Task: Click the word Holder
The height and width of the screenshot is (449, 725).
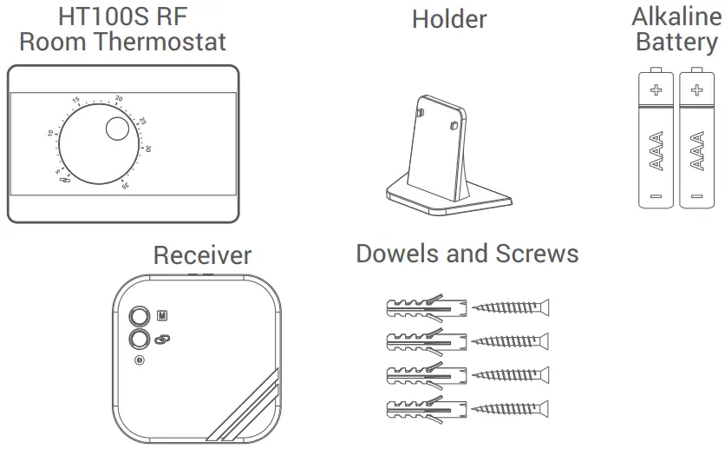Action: [x=449, y=19]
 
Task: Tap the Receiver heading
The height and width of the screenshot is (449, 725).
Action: [x=202, y=255]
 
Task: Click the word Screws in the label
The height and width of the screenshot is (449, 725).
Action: [x=537, y=254]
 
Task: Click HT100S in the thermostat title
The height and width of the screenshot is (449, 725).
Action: [x=92, y=16]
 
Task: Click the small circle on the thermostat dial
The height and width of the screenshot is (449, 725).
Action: [x=116, y=130]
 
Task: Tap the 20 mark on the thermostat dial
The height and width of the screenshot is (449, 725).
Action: [x=119, y=98]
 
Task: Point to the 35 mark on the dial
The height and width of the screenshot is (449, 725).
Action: [x=126, y=184]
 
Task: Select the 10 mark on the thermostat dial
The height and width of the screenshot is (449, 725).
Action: [x=50, y=134]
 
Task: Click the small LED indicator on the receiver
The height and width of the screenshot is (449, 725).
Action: [x=139, y=361]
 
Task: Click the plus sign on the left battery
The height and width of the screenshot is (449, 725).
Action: [x=656, y=89]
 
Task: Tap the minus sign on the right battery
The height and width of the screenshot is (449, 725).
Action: [x=696, y=196]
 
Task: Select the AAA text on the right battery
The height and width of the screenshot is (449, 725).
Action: [x=696, y=149]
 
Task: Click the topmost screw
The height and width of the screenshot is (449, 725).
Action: [x=511, y=307]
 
